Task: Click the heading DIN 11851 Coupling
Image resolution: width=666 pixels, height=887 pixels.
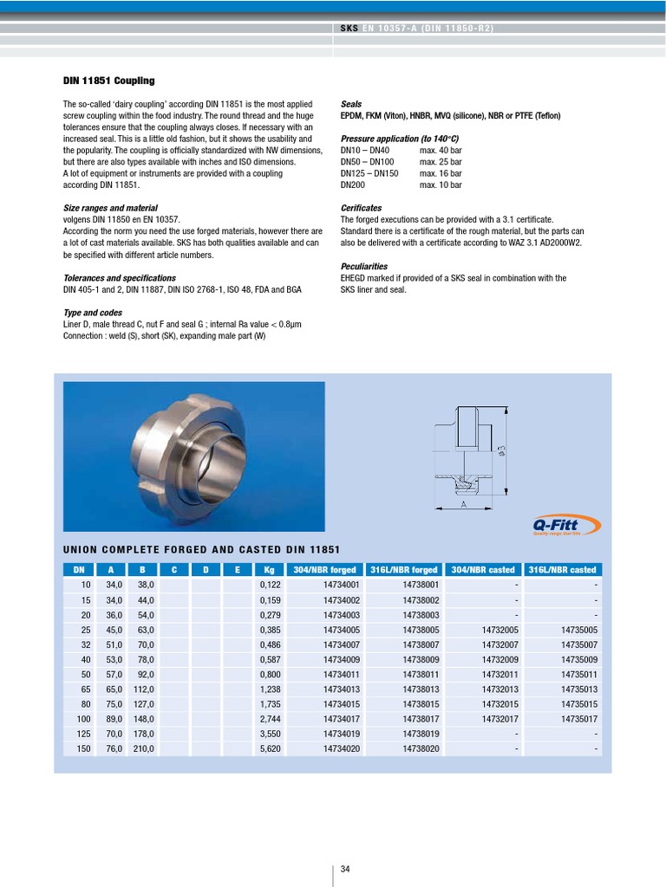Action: coord(109,81)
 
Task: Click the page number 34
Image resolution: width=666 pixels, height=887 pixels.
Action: coord(345,869)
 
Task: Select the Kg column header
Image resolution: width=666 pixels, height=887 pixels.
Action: coord(269,570)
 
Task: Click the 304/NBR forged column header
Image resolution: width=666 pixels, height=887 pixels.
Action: coord(324,570)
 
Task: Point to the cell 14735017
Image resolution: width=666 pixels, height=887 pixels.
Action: coord(579,719)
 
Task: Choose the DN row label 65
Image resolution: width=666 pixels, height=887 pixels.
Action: coord(85,690)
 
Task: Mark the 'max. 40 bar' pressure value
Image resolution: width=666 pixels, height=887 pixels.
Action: coord(441,151)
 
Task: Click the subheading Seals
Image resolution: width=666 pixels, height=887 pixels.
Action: coord(351,104)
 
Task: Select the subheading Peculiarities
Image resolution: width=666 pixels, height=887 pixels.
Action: coord(364,267)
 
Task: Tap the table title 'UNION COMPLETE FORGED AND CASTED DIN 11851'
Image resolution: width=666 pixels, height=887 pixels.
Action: coord(201,550)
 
